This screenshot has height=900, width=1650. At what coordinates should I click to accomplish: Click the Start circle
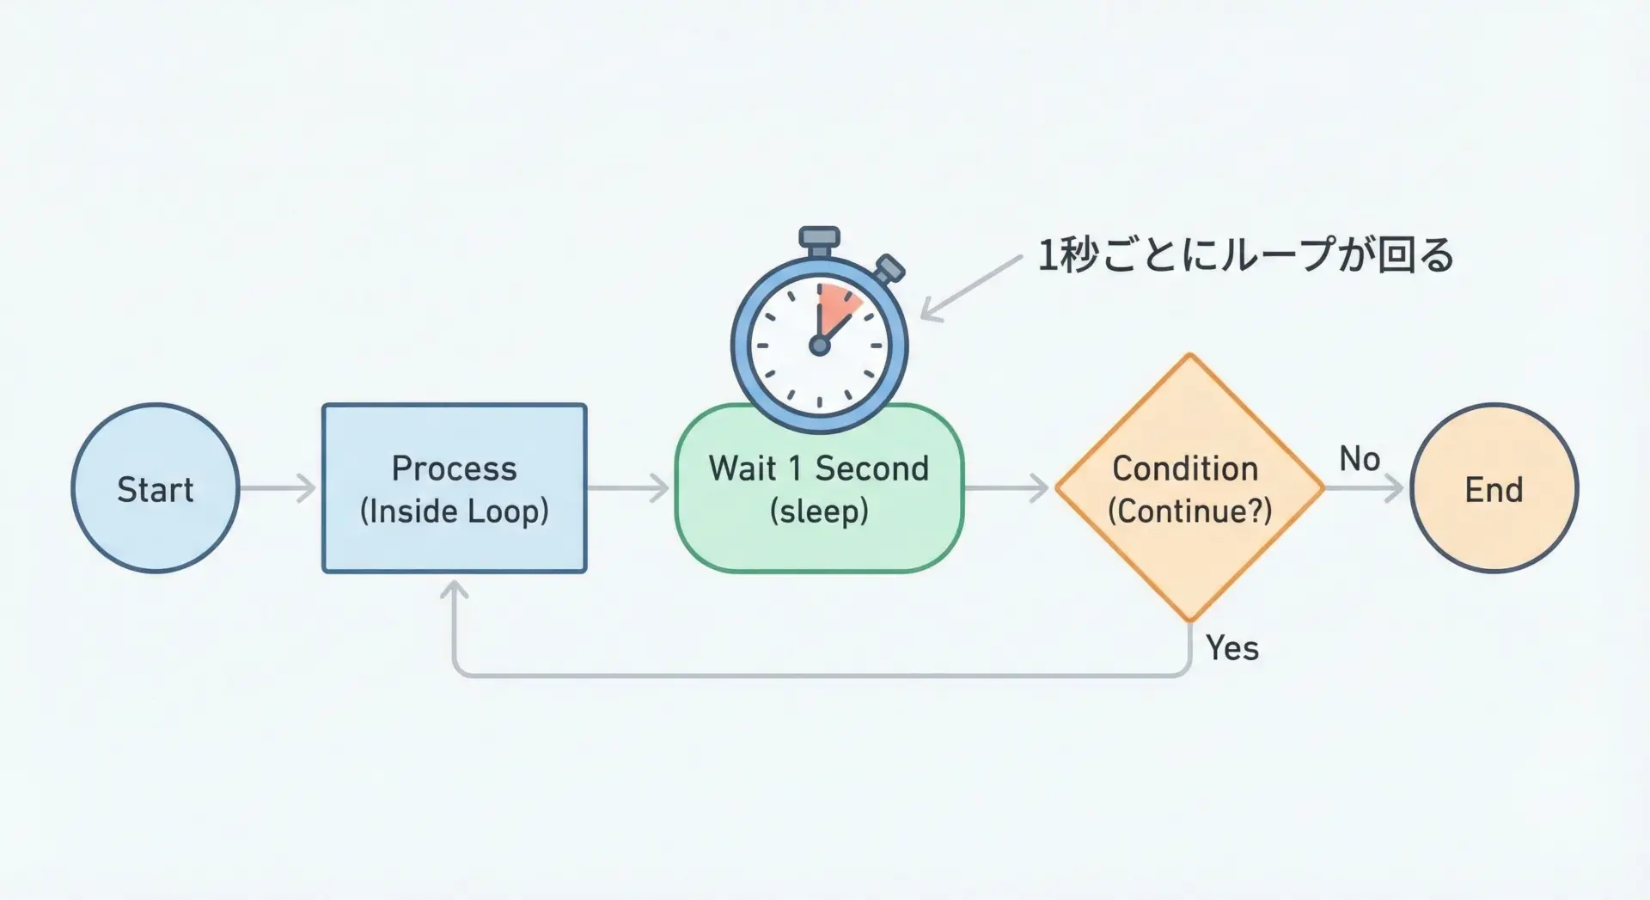click(x=156, y=488)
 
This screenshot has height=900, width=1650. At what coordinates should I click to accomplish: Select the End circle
click(x=1494, y=488)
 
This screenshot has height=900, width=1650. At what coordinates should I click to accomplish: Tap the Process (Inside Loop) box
click(x=454, y=488)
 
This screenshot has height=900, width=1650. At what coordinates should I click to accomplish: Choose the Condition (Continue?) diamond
click(x=1189, y=488)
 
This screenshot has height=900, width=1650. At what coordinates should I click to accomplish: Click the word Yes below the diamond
click(x=1231, y=648)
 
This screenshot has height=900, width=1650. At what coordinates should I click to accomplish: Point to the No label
click(x=1359, y=460)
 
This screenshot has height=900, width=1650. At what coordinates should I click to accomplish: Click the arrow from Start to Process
click(x=278, y=488)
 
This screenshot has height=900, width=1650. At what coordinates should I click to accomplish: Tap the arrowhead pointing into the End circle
click(x=1394, y=488)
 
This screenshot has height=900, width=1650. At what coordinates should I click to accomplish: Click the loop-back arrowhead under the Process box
click(x=454, y=591)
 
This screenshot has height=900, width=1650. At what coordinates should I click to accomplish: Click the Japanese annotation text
click(x=1245, y=255)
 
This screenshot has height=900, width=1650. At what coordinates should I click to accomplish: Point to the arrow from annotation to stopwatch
click(x=971, y=288)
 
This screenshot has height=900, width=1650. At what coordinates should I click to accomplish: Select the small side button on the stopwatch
click(x=889, y=269)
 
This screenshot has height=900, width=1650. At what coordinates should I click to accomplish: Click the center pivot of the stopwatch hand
click(x=819, y=346)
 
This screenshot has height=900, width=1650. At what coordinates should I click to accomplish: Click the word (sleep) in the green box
click(x=819, y=511)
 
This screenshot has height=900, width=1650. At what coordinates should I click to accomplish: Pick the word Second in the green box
click(x=871, y=468)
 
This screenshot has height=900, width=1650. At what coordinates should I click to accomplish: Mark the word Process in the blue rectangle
click(x=454, y=468)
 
